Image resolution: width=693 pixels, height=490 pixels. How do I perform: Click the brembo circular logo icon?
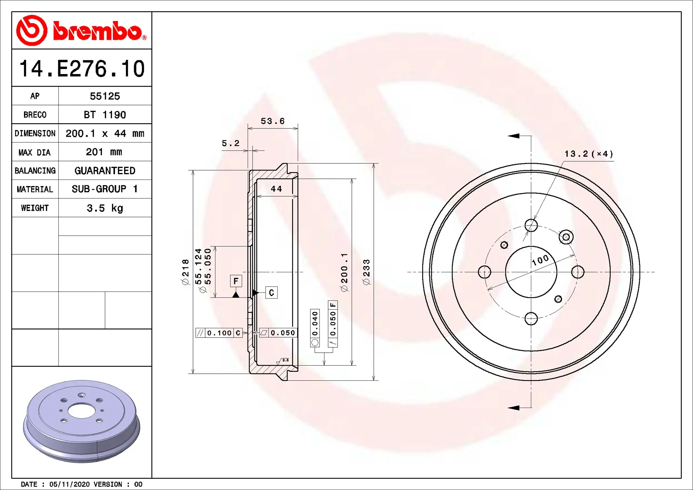(x=32, y=30)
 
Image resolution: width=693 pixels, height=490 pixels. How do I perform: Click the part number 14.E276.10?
(x=82, y=69)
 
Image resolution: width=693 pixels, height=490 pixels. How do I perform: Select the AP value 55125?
(x=105, y=96)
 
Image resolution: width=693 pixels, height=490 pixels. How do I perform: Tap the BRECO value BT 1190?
(x=105, y=115)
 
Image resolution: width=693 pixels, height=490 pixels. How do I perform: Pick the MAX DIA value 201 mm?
(x=104, y=152)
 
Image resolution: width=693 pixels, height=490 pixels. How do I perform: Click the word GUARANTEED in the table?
(x=105, y=171)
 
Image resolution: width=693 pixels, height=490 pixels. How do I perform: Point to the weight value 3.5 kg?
(x=105, y=208)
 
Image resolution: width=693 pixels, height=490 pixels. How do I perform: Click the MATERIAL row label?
(x=35, y=189)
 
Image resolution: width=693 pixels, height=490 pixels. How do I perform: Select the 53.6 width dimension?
(x=272, y=121)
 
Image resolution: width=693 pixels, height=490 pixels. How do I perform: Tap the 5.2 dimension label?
(x=230, y=143)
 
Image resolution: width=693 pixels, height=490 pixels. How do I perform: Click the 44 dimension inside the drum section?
(x=276, y=189)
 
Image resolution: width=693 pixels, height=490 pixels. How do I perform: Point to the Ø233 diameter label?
(x=366, y=272)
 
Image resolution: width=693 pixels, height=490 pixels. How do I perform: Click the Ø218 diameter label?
(x=185, y=272)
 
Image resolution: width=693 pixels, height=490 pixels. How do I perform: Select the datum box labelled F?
(x=236, y=281)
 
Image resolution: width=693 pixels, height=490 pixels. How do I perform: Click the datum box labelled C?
(x=271, y=293)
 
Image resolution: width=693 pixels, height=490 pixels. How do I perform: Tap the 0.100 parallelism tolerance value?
(x=219, y=333)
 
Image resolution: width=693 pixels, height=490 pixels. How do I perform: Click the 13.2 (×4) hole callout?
(x=589, y=154)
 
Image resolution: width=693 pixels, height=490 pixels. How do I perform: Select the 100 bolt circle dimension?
(x=541, y=260)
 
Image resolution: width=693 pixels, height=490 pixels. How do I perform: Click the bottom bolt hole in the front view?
(x=531, y=318)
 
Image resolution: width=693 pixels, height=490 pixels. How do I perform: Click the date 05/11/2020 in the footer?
(x=69, y=484)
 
